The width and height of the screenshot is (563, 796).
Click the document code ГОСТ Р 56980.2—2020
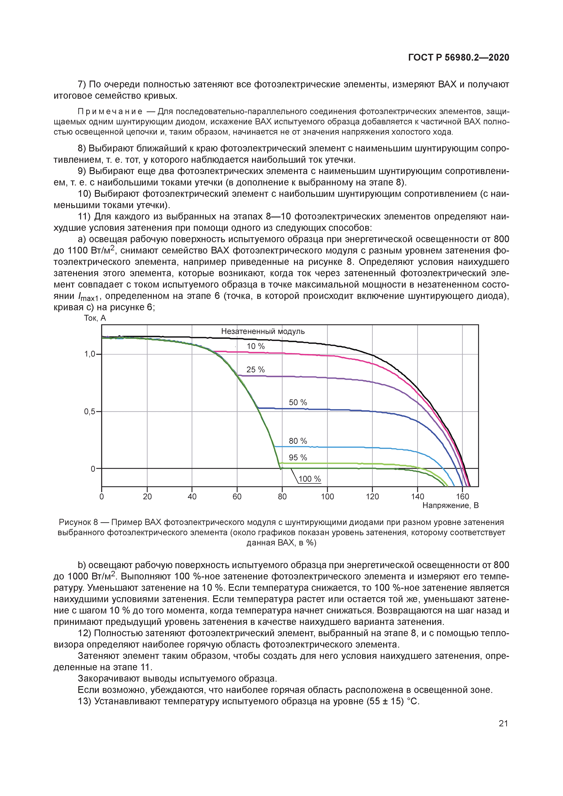point(458,58)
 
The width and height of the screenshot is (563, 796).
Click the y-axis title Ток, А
point(95,318)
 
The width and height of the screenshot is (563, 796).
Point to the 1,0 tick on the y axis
point(90,354)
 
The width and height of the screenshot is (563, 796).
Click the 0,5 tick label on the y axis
point(90,412)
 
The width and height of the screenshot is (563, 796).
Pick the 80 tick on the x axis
point(282,496)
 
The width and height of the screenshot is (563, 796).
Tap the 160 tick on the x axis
point(462,496)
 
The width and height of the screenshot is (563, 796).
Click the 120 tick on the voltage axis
point(372,496)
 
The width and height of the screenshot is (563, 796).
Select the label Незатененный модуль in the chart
point(263,331)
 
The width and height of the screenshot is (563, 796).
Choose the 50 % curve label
point(298,402)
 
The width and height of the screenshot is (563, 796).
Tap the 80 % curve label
point(298,441)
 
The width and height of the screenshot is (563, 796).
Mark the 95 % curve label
point(298,458)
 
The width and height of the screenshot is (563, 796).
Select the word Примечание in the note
point(110,112)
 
